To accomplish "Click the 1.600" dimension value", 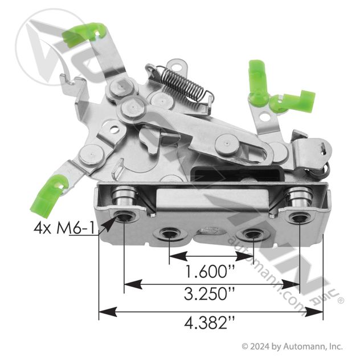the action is [210, 271].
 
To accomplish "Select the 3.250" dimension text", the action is [209, 294].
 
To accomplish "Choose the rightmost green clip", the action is [293, 101].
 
